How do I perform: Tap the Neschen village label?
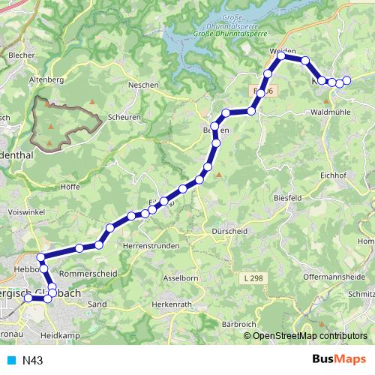pyautogui.click(x=143, y=85)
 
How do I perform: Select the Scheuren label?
pyautogui.click(x=124, y=117)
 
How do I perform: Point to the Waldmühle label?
pyautogui.click(x=331, y=112)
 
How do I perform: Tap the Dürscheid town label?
pyautogui.click(x=229, y=231)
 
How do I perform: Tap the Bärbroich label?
pyautogui.click(x=239, y=324)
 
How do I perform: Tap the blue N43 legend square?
pyautogui.click(x=12, y=360)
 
